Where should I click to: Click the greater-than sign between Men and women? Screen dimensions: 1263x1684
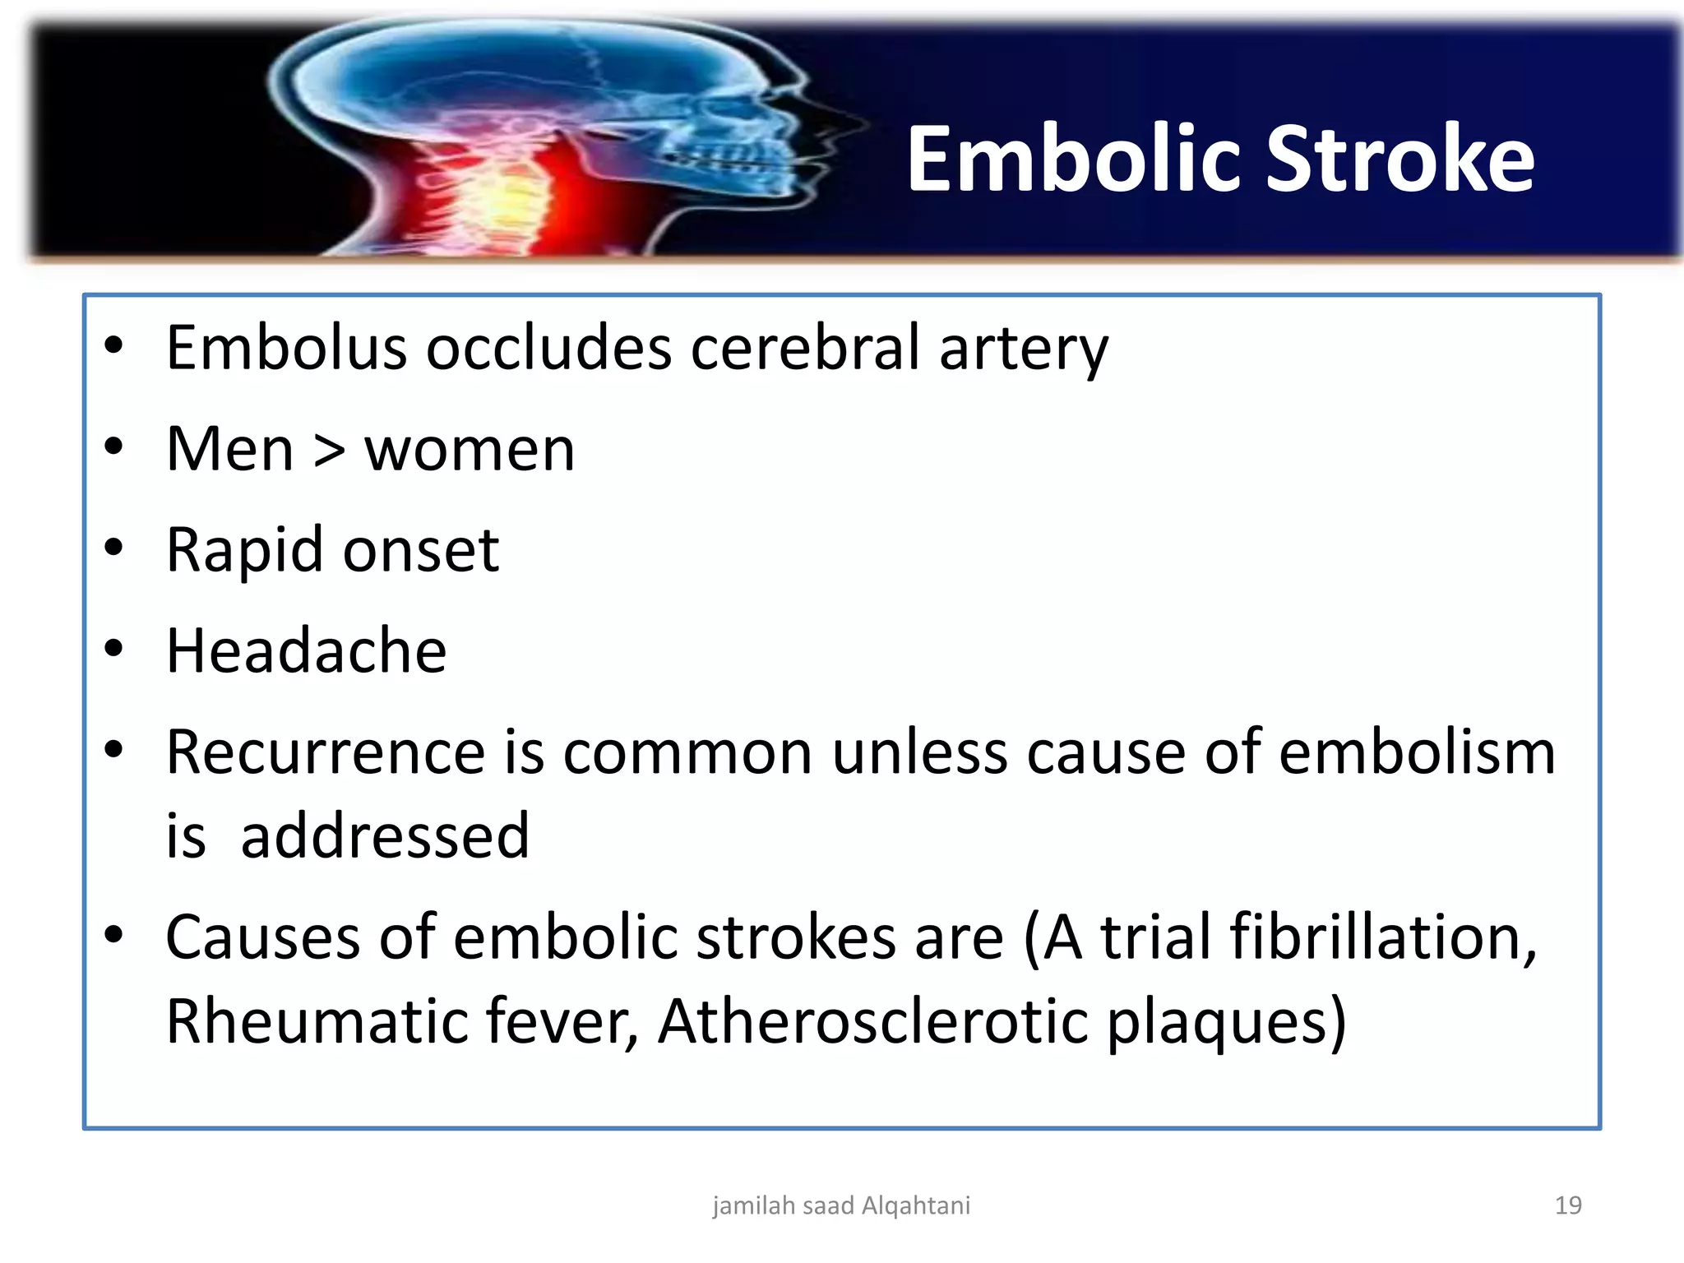[x=330, y=451]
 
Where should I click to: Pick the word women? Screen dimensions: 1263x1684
[x=470, y=451]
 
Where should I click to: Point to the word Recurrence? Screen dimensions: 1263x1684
[x=326, y=752]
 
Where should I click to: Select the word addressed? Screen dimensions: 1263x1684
[x=385, y=836]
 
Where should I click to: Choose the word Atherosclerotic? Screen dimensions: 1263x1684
[x=872, y=1021]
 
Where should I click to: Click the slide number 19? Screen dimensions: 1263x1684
[x=1568, y=1205]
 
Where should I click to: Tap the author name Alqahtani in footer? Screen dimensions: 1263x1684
[x=916, y=1206]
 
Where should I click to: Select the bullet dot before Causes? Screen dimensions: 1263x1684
[x=113, y=934]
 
